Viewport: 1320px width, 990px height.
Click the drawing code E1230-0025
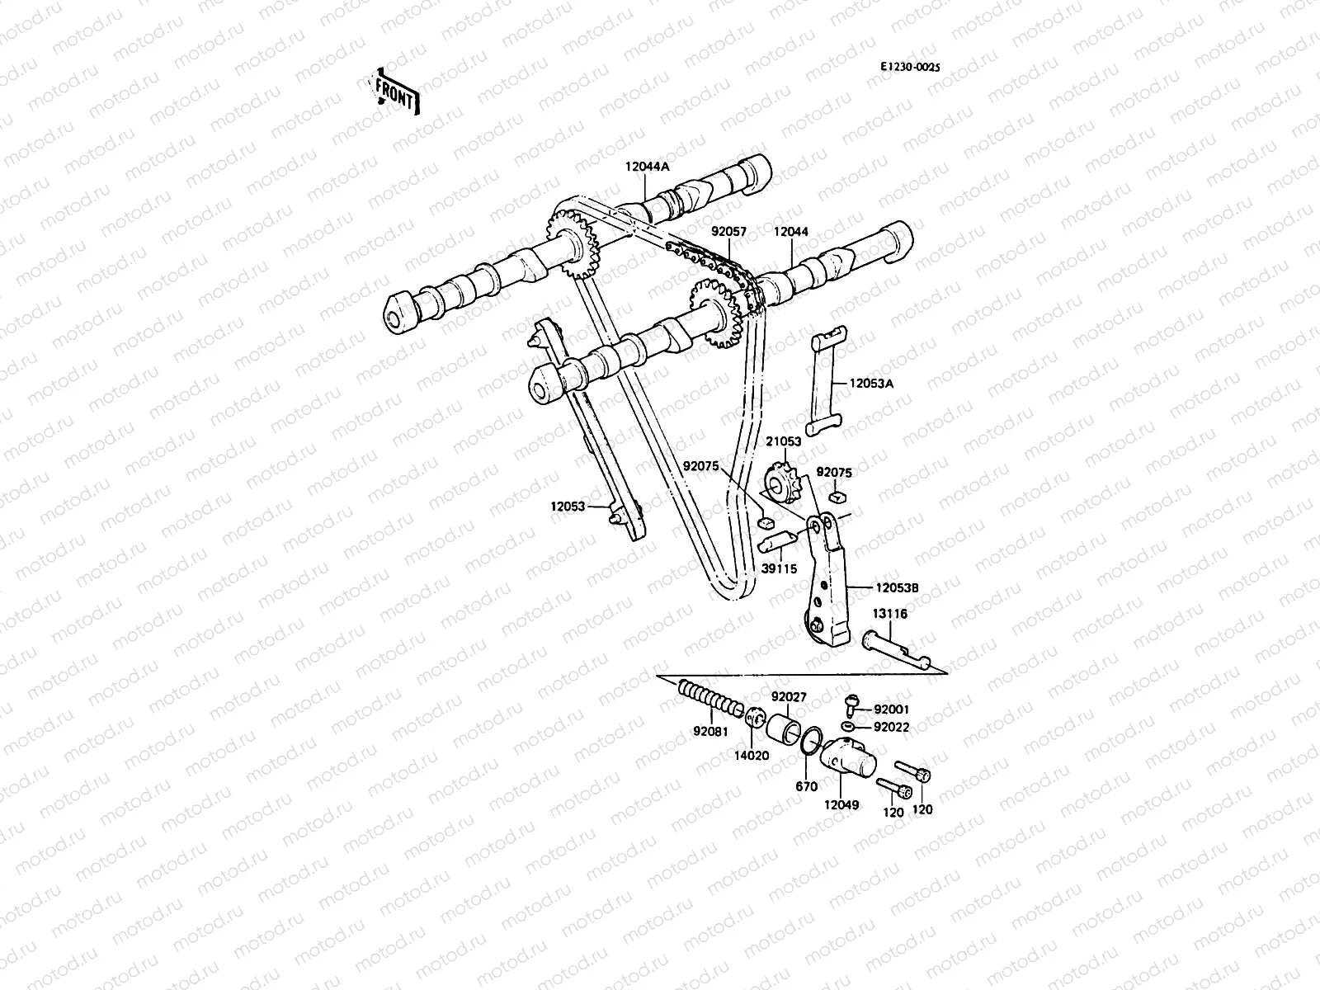coord(910,69)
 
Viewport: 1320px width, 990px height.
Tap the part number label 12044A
coord(647,166)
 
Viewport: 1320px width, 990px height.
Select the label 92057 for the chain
coord(728,233)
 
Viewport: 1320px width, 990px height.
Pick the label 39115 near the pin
coord(778,569)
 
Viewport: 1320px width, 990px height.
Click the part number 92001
coord(891,709)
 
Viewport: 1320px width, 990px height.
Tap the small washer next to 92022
coord(850,726)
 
